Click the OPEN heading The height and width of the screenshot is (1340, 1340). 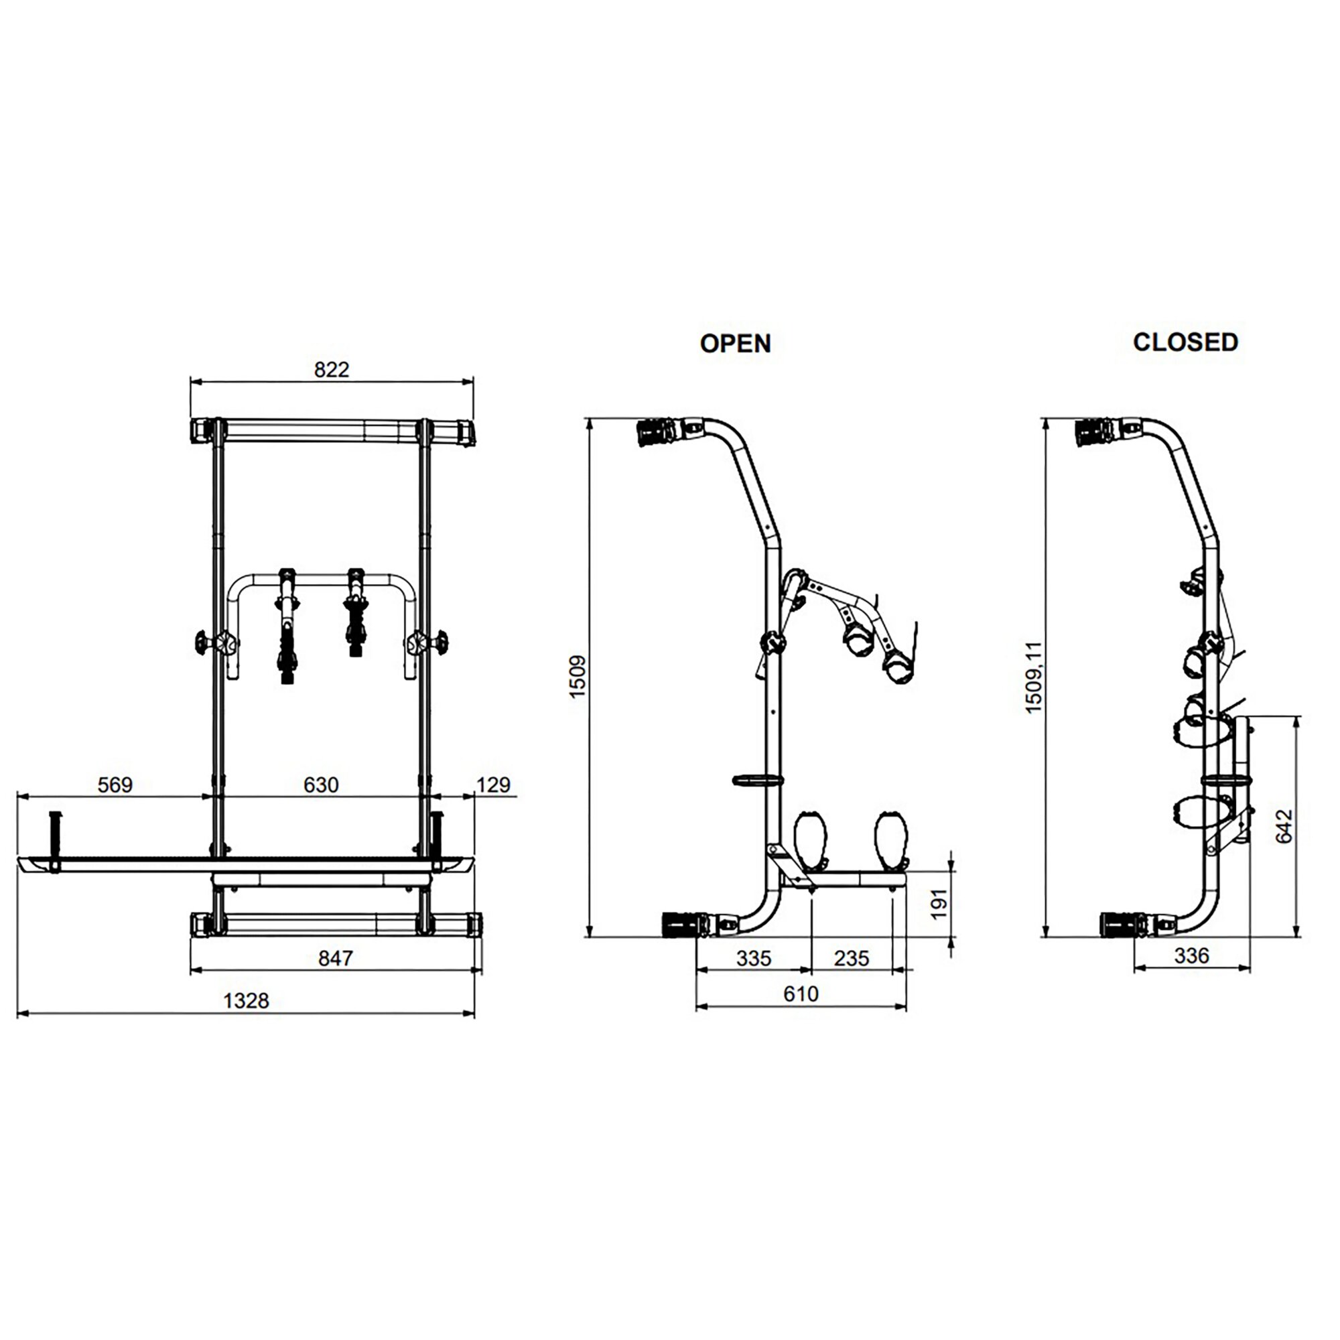[x=735, y=343]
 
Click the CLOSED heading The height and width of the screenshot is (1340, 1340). [x=1185, y=342]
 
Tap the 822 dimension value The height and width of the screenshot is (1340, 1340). [x=332, y=370]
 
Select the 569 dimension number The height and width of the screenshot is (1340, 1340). [x=115, y=785]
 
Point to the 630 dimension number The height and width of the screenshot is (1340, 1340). [x=321, y=785]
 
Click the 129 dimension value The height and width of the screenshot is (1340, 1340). [x=494, y=785]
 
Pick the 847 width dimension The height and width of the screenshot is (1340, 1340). [x=336, y=958]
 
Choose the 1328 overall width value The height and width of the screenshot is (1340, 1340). [x=246, y=1001]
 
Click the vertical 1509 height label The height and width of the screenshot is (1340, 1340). [x=577, y=676]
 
